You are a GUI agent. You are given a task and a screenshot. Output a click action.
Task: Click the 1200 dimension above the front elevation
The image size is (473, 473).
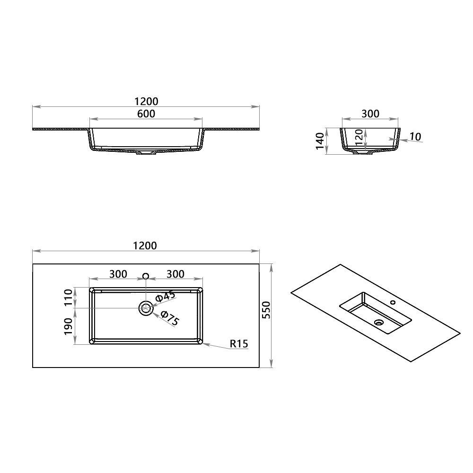point(146,101)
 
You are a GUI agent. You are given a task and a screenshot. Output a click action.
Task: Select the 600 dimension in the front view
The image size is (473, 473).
point(146,114)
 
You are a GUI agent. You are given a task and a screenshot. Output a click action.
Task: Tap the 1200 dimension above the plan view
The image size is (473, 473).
point(146,245)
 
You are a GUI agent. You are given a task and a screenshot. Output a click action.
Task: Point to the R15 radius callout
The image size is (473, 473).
point(239,344)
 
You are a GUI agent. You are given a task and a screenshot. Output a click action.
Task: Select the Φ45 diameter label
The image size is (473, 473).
point(165,297)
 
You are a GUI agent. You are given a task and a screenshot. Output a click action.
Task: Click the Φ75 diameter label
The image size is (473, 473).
point(169,318)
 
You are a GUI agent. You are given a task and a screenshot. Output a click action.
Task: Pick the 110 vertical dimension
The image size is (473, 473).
point(69,298)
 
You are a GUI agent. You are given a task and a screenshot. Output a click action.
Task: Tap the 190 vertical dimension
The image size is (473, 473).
point(69,326)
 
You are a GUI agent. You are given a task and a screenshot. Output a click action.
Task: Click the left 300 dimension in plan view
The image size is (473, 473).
point(118,274)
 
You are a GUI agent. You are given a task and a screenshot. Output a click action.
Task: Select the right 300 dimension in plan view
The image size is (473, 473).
point(175,274)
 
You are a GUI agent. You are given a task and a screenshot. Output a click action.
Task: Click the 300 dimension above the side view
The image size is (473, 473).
point(370,114)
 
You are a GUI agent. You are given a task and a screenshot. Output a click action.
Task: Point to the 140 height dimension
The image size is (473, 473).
point(320,140)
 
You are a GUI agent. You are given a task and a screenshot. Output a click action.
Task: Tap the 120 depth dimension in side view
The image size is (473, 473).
point(359,138)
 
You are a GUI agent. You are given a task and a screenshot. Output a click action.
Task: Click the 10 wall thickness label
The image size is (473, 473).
point(415,137)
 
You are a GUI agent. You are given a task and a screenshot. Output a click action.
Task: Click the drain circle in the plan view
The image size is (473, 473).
point(146,308)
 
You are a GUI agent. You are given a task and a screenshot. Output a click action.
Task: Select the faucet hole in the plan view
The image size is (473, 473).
point(146,276)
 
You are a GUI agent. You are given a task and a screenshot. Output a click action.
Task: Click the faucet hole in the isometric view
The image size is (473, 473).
point(392,301)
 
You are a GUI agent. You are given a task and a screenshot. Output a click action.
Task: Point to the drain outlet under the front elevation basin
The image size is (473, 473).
point(146,154)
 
